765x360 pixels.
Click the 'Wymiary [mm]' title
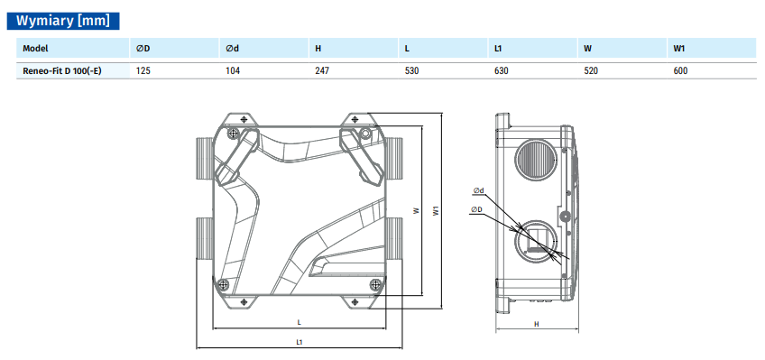pos(63,21)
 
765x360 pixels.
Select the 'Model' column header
pos(35,49)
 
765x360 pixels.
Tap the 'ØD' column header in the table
pos(143,49)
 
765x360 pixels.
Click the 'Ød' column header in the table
pos(232,49)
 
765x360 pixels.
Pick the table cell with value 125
pos(143,70)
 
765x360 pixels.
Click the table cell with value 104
pos(233,70)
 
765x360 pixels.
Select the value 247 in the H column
pos(322,70)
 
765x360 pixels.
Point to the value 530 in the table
pos(411,70)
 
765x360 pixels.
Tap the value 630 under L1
pos(501,70)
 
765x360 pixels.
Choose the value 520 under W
pos(591,70)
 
